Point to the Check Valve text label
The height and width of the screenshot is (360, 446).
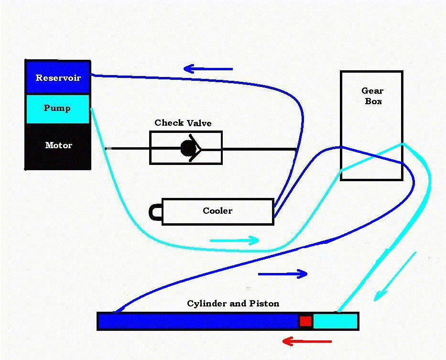point(183,123)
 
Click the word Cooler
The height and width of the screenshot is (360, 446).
point(218,211)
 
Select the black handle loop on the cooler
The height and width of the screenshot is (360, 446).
point(155,212)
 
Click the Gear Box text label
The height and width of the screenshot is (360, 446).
point(372,96)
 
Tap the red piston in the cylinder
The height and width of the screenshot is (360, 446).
point(305,321)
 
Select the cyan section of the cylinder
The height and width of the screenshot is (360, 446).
point(335,321)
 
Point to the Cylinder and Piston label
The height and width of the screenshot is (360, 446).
point(233,304)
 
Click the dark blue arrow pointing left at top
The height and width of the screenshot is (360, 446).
point(208,69)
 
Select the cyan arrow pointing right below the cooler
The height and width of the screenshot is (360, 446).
point(234,240)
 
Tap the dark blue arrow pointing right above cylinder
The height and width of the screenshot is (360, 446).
point(283,274)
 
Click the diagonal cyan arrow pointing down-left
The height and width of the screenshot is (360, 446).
point(394,277)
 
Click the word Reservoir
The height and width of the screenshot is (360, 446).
point(58,78)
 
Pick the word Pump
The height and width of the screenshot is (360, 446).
point(57,108)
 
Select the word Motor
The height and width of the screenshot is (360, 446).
point(58,145)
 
